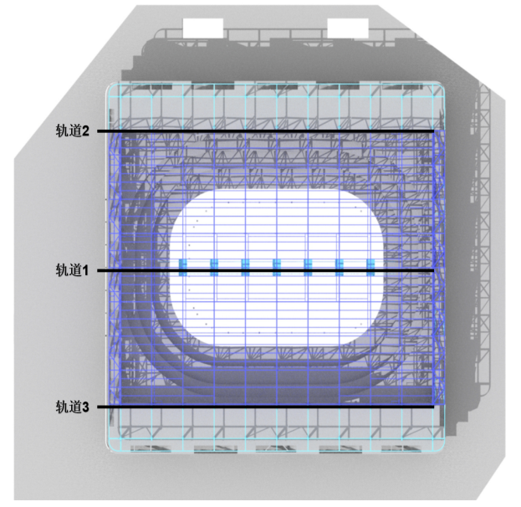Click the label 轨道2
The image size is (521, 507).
click(x=73, y=131)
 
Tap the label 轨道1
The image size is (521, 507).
click(x=73, y=270)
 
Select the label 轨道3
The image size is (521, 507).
click(x=73, y=407)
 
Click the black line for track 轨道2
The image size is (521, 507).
click(x=265, y=131)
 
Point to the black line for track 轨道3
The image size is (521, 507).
click(x=265, y=407)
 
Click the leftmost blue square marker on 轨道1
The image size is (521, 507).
click(x=183, y=267)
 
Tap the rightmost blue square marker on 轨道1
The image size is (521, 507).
click(x=370, y=267)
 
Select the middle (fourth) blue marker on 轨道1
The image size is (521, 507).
click(x=277, y=267)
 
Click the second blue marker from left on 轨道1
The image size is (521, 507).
click(x=214, y=267)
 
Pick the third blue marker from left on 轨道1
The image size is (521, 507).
click(x=246, y=267)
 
